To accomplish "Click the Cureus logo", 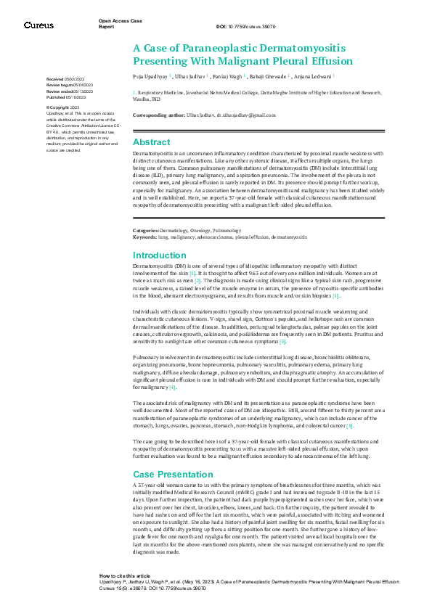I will pyautogui.click(x=38, y=25).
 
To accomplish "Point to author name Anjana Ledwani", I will pyautogui.click(x=314, y=75).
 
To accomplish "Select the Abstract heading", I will pyautogui.click(x=151, y=142).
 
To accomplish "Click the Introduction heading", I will pyautogui.click(x=159, y=255).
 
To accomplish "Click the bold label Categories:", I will pyautogui.click(x=150, y=230).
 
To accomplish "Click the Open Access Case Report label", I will pyautogui.click(x=121, y=23).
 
